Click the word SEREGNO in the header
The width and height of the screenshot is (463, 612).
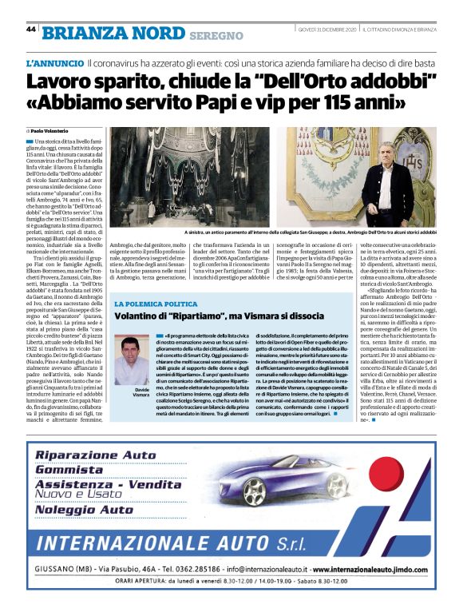click(216, 35)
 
